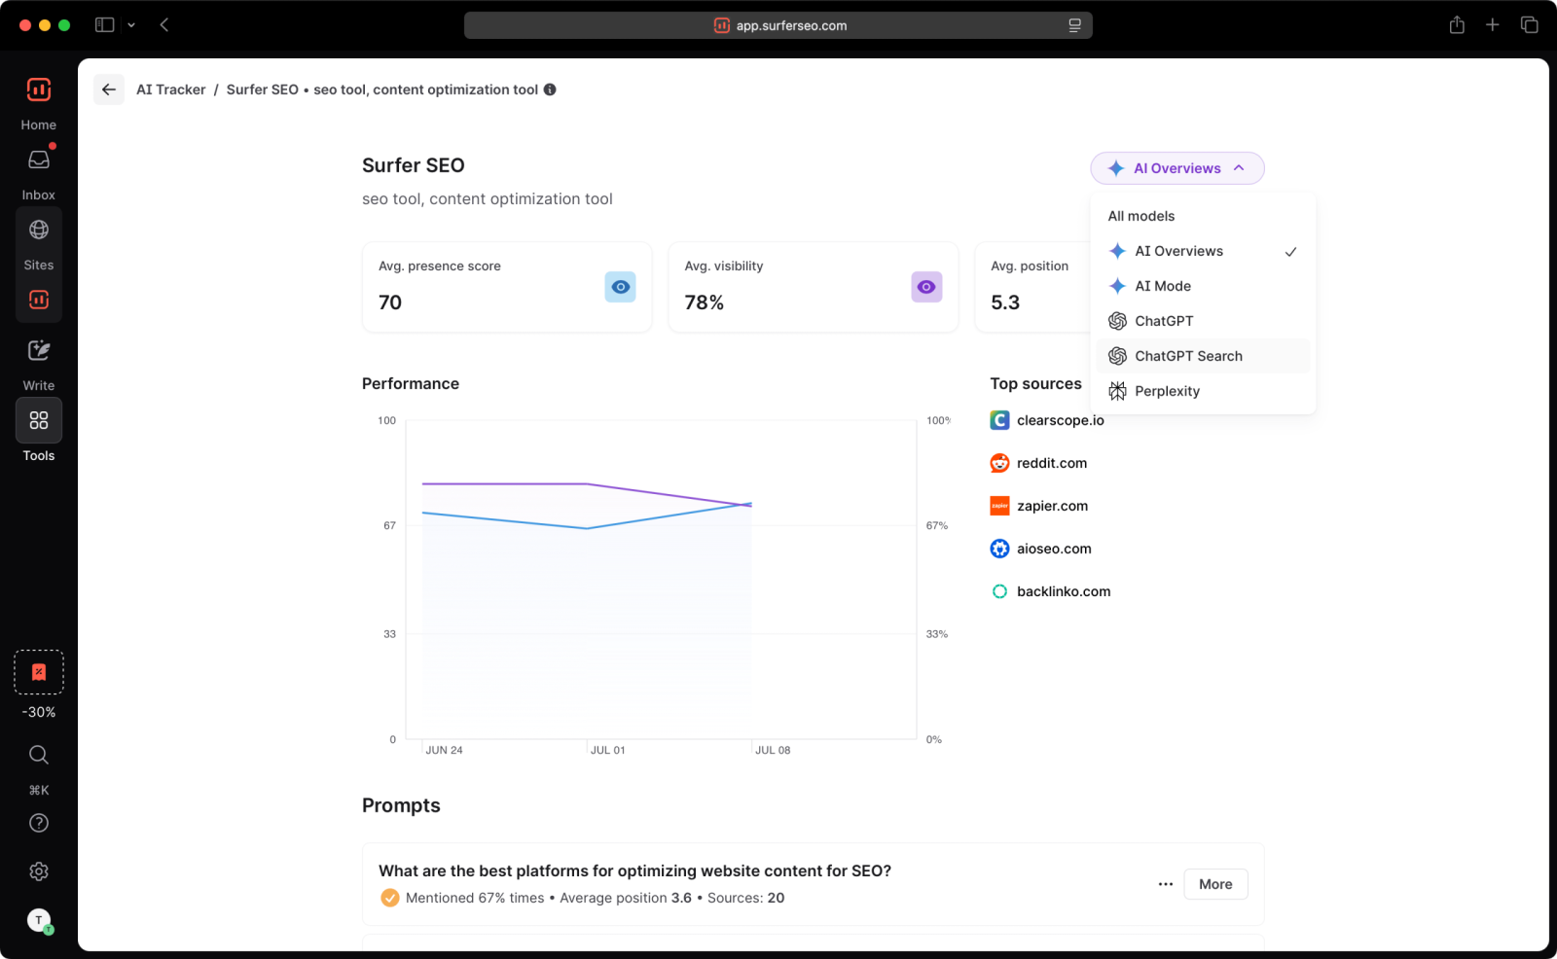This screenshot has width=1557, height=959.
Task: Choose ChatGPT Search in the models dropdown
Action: tap(1187, 356)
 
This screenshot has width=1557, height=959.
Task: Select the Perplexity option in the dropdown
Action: tap(1166, 391)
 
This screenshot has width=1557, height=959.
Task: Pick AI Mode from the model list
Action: tap(1162, 286)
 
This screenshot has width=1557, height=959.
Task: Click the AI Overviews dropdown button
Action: tap(1177, 168)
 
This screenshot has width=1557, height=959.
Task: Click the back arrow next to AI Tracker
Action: tap(109, 89)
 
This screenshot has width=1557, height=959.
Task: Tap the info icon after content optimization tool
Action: tap(550, 89)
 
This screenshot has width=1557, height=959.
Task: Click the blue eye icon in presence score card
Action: tap(620, 287)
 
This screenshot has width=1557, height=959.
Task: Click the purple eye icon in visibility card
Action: tap(926, 287)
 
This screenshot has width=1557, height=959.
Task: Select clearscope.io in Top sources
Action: tap(1060, 420)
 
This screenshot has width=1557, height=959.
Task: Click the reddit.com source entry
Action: tap(1051, 463)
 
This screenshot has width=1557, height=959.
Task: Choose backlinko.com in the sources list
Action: tap(1063, 591)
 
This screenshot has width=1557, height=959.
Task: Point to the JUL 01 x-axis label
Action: tap(607, 750)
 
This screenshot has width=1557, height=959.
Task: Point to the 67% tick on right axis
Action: tap(936, 525)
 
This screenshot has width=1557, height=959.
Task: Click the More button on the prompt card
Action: tap(1215, 884)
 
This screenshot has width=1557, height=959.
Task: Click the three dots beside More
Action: tap(1165, 884)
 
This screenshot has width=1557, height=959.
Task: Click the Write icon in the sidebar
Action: tap(39, 351)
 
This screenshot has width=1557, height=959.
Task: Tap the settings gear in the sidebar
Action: tap(39, 871)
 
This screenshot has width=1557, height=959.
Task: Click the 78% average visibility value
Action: tap(704, 302)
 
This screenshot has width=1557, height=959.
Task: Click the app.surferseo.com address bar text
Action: tap(790, 26)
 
